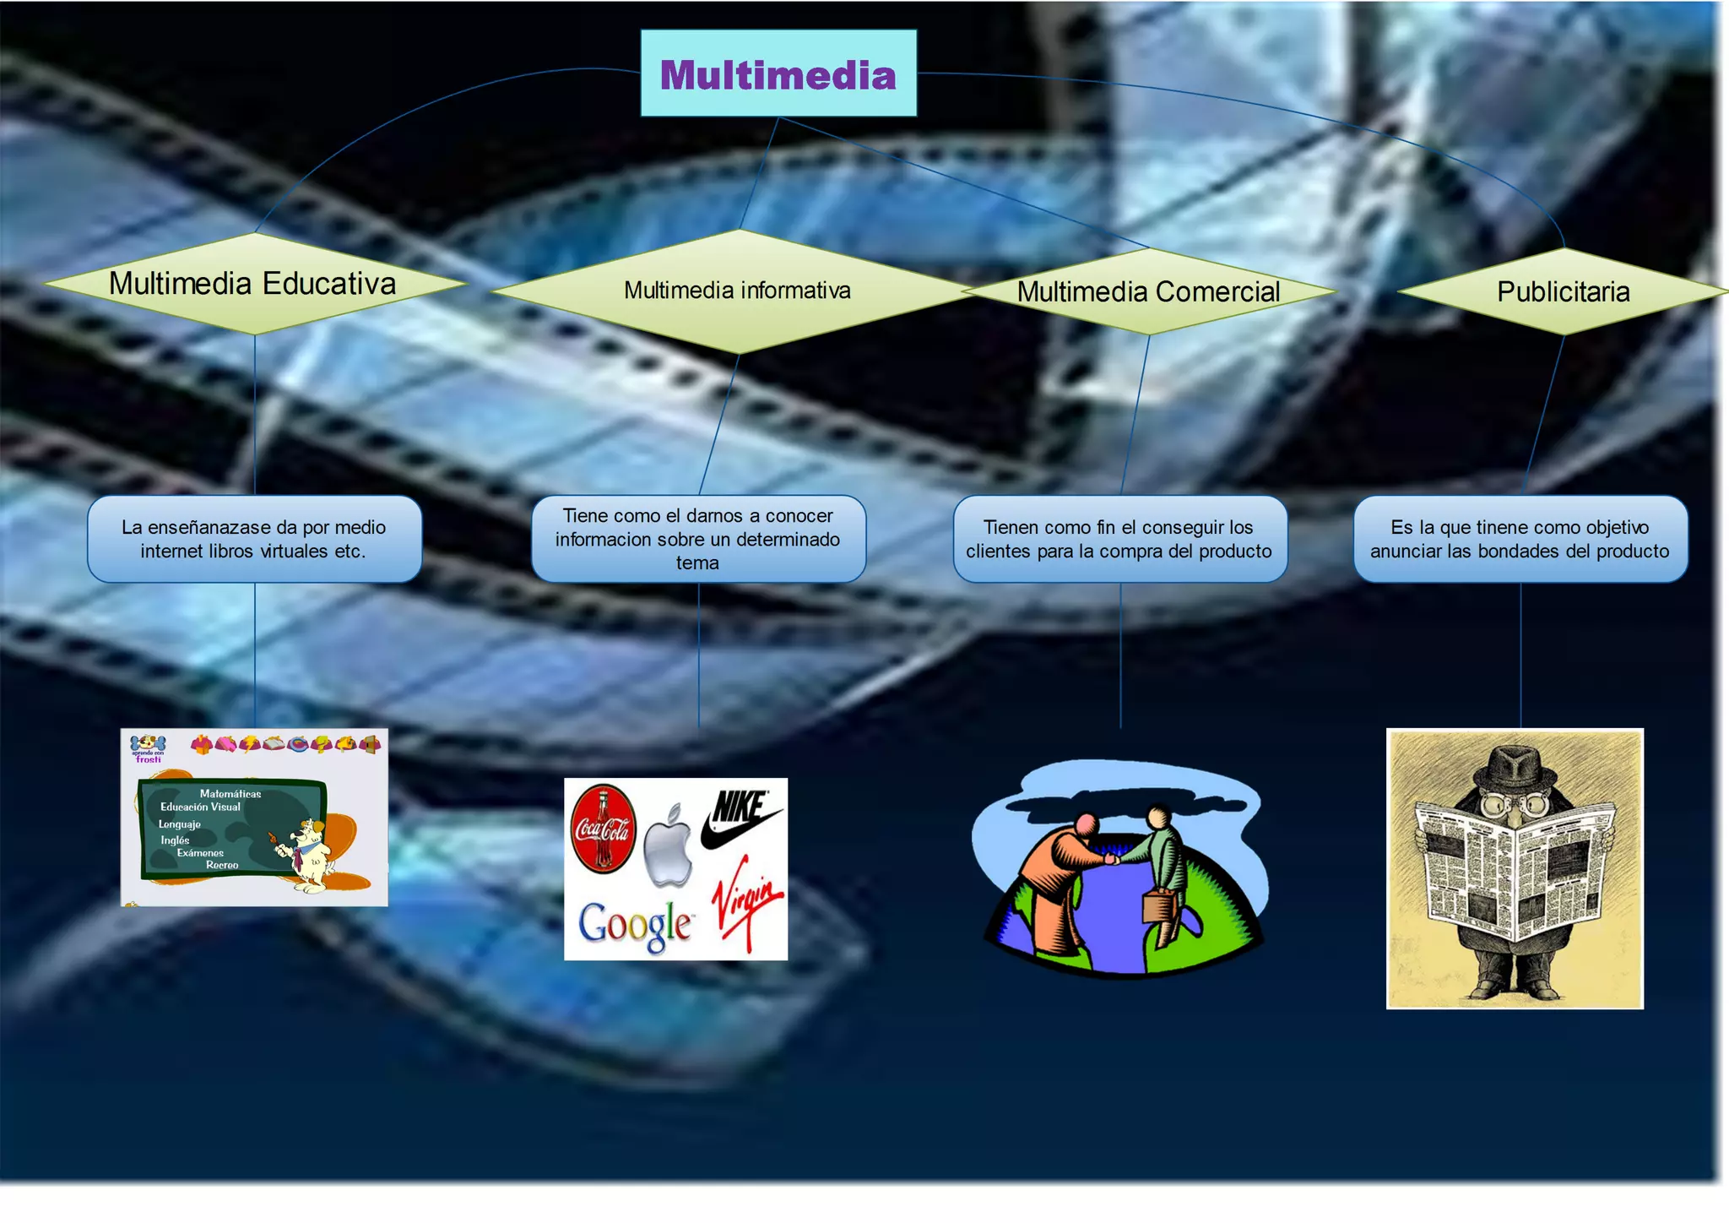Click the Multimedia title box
pos(778,73)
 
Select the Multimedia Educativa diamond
pos(253,284)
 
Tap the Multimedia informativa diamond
pos(737,291)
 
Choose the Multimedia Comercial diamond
pos(1148,291)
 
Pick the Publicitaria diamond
pos(1563,291)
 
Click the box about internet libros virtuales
pos(254,539)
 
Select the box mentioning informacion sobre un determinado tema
pos(698,539)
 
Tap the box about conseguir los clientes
pos(1119,539)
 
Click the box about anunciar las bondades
pos(1520,539)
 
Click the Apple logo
pos(669,847)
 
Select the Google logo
pos(635,926)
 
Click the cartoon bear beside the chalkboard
pos(308,853)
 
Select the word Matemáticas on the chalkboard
pos(230,794)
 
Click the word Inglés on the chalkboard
pos(176,840)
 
